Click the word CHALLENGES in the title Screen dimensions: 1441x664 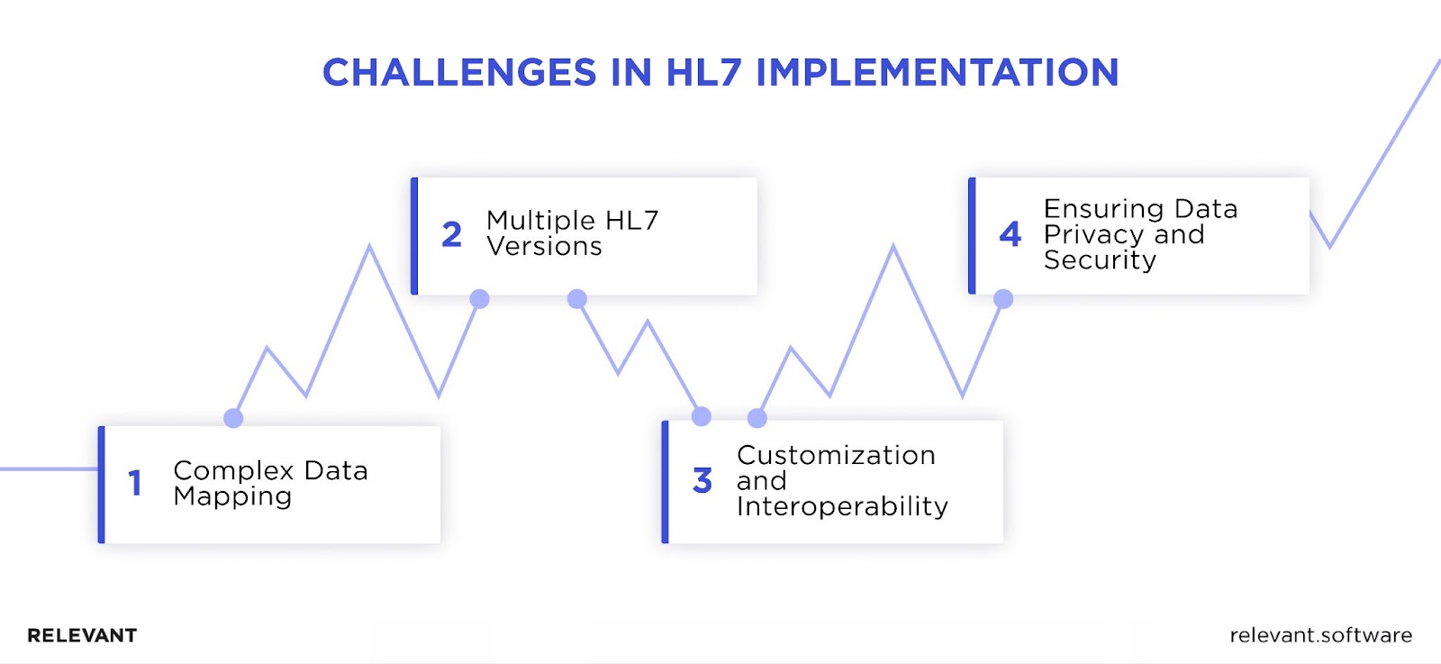click(x=459, y=72)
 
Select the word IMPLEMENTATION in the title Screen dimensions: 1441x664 click(x=938, y=72)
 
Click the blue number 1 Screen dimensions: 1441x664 click(x=135, y=483)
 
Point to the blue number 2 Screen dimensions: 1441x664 click(x=451, y=234)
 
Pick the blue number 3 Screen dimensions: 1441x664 click(x=702, y=480)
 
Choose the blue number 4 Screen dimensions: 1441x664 click(x=1010, y=234)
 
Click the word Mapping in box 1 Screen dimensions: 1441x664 click(x=232, y=497)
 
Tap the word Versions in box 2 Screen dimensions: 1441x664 click(x=544, y=246)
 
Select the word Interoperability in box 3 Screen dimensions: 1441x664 click(x=842, y=506)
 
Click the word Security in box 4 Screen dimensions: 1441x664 click(x=1100, y=260)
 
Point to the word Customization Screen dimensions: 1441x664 click(x=837, y=455)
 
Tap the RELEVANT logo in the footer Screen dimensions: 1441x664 click(x=82, y=636)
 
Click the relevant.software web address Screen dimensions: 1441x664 click(x=1321, y=635)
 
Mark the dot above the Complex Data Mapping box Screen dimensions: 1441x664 click(x=233, y=418)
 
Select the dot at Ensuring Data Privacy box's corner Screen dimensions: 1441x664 click(x=1003, y=298)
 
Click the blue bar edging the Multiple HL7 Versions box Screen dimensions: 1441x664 click(x=414, y=235)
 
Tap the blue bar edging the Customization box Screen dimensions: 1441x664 click(x=666, y=481)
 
